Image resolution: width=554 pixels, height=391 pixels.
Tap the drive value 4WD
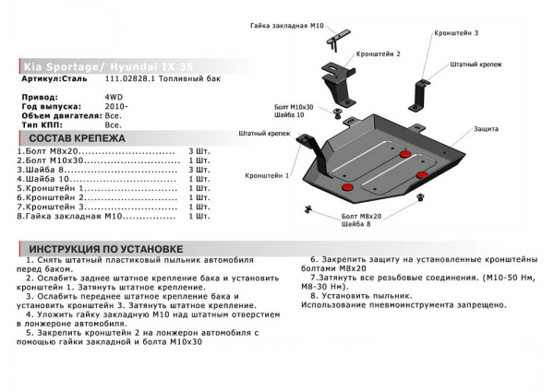click(x=113, y=95)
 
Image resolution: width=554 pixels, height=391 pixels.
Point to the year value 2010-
click(x=116, y=105)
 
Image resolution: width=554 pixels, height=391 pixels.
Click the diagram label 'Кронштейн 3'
click(x=455, y=33)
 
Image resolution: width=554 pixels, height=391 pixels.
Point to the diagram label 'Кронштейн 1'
click(x=268, y=174)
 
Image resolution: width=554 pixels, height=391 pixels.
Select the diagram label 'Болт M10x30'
click(x=295, y=108)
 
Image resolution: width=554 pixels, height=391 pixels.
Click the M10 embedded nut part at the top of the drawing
click(x=343, y=36)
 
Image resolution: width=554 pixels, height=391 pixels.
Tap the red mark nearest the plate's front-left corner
click(x=349, y=188)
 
